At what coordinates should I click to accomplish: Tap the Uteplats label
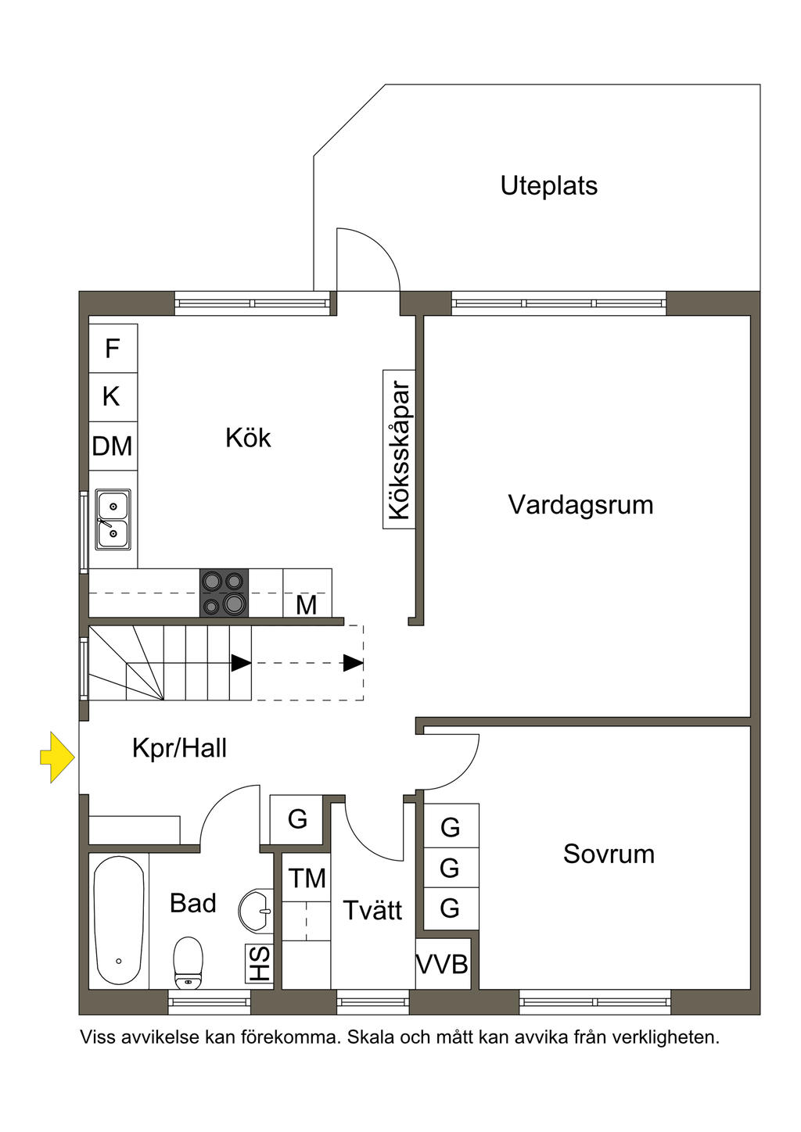coord(548,186)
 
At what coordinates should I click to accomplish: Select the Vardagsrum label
coord(580,505)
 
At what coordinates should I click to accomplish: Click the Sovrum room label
coord(609,854)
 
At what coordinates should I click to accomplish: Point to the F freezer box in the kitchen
coord(113,348)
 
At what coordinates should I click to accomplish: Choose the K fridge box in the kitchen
coord(113,397)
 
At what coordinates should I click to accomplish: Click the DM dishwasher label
coord(112,446)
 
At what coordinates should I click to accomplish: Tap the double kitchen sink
coord(113,519)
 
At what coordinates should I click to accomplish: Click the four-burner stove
coord(224,593)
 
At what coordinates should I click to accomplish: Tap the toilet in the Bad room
coord(188,962)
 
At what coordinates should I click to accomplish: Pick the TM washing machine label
coord(307,878)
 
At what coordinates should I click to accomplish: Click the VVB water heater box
coord(443,964)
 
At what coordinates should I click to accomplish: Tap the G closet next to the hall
coord(296,819)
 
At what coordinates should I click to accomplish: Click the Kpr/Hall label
coord(179,749)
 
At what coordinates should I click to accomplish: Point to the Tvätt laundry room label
coord(372,911)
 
